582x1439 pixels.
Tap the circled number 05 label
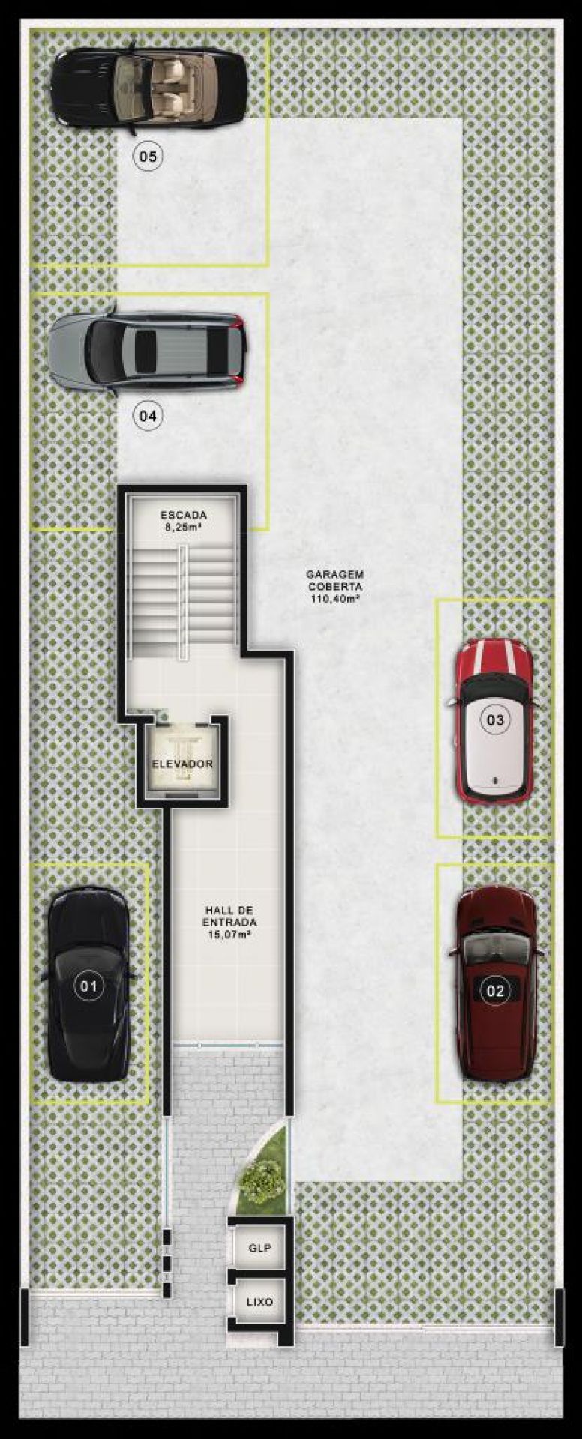click(148, 157)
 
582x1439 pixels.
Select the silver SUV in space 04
click(148, 351)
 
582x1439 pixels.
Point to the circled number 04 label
click(148, 415)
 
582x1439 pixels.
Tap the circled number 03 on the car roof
click(495, 720)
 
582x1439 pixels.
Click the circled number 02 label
click(496, 991)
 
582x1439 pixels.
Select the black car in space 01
click(88, 984)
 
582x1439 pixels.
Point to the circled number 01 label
click(88, 986)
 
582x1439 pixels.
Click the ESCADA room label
click(184, 515)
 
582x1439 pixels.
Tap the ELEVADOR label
click(182, 764)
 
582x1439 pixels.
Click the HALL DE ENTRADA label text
click(230, 917)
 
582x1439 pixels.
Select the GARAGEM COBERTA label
click(334, 581)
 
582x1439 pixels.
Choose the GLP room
click(259, 1249)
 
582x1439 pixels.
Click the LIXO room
click(259, 1303)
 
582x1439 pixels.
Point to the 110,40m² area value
click(334, 599)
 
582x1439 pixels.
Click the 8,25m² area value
click(184, 527)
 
